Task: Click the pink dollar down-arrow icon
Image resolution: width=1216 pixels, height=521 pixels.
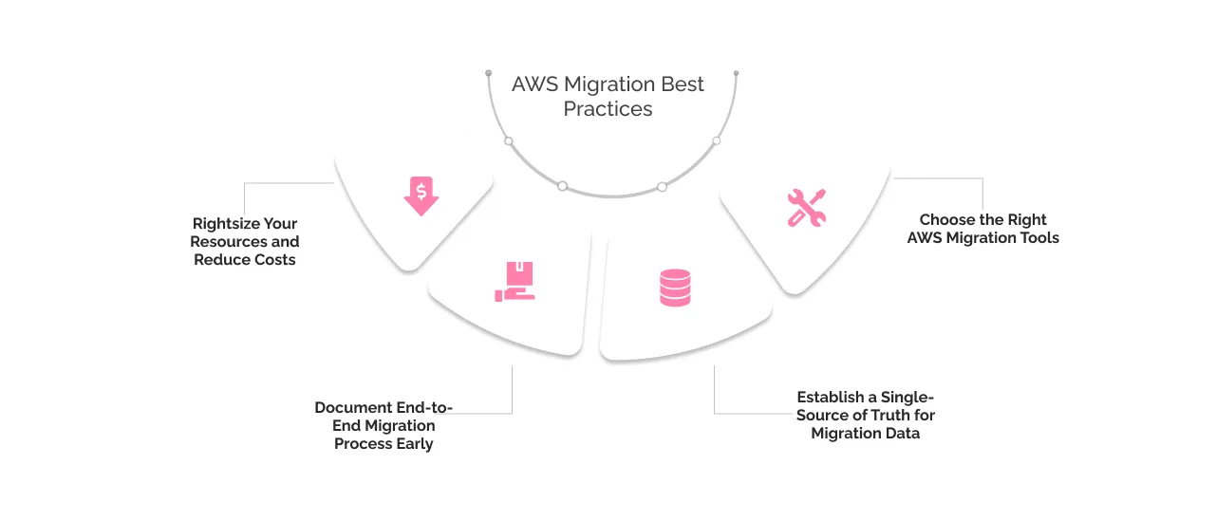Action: click(x=421, y=195)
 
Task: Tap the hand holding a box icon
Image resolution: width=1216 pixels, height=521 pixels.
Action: click(x=515, y=282)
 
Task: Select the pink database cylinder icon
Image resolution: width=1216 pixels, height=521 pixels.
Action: click(x=675, y=288)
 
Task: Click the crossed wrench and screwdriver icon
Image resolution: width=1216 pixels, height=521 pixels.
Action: click(x=807, y=207)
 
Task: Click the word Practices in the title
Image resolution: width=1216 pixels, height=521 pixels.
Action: click(x=608, y=109)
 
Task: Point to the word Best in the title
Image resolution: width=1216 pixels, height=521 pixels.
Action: click(x=683, y=84)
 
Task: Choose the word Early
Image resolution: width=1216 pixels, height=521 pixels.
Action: click(x=413, y=443)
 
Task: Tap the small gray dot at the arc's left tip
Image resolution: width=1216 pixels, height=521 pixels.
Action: click(x=489, y=73)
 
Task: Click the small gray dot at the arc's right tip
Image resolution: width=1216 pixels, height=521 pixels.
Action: click(x=736, y=73)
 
